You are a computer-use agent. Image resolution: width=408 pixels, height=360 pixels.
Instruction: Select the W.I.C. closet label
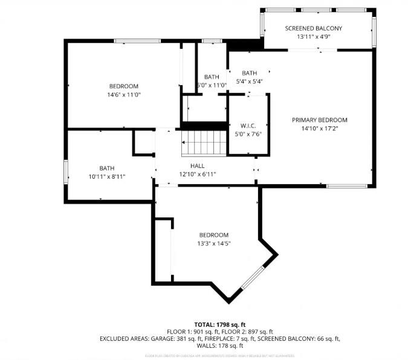click(248, 126)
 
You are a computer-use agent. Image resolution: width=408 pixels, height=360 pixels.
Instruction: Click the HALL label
click(198, 166)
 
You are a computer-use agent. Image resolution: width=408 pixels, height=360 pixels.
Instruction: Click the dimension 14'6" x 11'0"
click(124, 95)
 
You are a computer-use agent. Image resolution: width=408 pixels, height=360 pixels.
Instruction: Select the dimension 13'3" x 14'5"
click(214, 243)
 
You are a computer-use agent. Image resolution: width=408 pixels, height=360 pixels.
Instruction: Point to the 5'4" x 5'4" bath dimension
click(249, 82)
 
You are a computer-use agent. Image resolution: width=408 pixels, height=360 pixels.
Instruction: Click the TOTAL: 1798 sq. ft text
click(219, 324)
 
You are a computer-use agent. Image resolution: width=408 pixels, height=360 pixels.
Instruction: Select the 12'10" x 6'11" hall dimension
click(198, 174)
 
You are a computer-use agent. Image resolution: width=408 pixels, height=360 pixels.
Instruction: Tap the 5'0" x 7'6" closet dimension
click(248, 134)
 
